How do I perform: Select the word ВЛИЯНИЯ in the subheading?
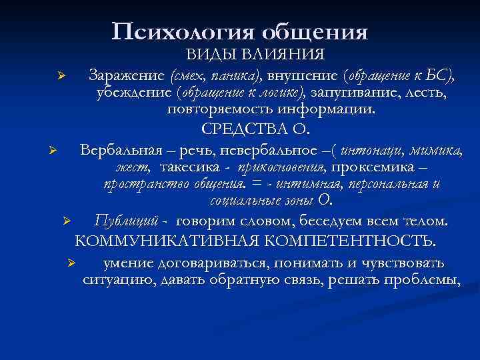click(x=291, y=54)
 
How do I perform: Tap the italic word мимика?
click(x=435, y=149)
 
